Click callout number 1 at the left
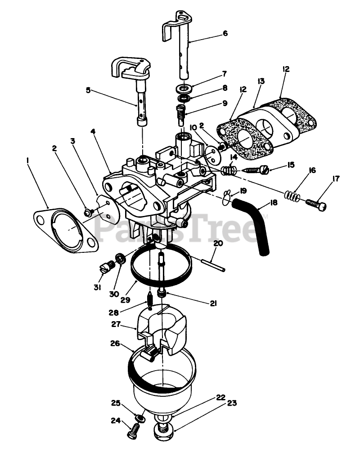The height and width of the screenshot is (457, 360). tap(28, 159)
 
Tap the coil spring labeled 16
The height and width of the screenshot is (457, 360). tap(292, 196)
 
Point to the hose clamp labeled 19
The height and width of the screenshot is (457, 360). tap(229, 196)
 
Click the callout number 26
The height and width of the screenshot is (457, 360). tap(115, 343)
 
